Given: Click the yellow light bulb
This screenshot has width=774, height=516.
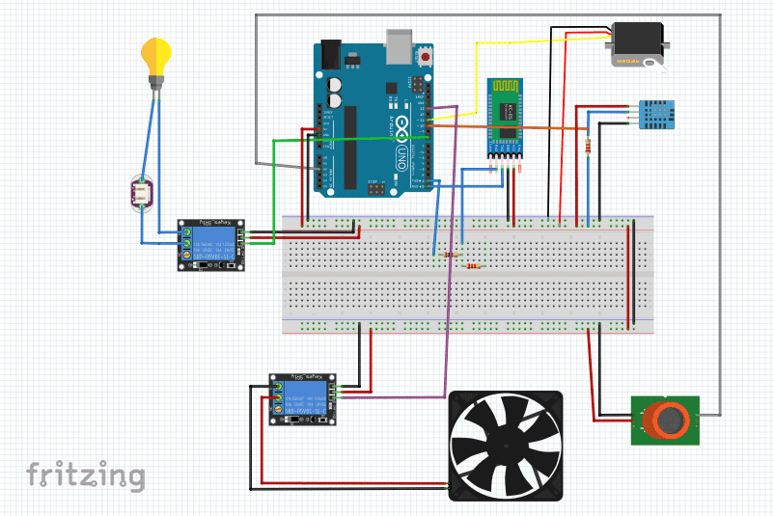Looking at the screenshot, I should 155,55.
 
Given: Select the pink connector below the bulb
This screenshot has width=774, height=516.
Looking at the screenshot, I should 142,194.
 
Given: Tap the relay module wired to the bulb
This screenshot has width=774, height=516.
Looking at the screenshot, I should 210,245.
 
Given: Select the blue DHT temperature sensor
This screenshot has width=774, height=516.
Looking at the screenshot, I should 653,114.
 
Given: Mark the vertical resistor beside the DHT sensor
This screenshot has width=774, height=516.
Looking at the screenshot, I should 589,146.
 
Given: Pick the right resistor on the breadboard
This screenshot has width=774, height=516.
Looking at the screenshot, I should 473,266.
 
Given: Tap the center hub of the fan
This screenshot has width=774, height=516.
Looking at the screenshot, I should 507,446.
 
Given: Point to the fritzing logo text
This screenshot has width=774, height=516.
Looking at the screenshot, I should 86,475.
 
